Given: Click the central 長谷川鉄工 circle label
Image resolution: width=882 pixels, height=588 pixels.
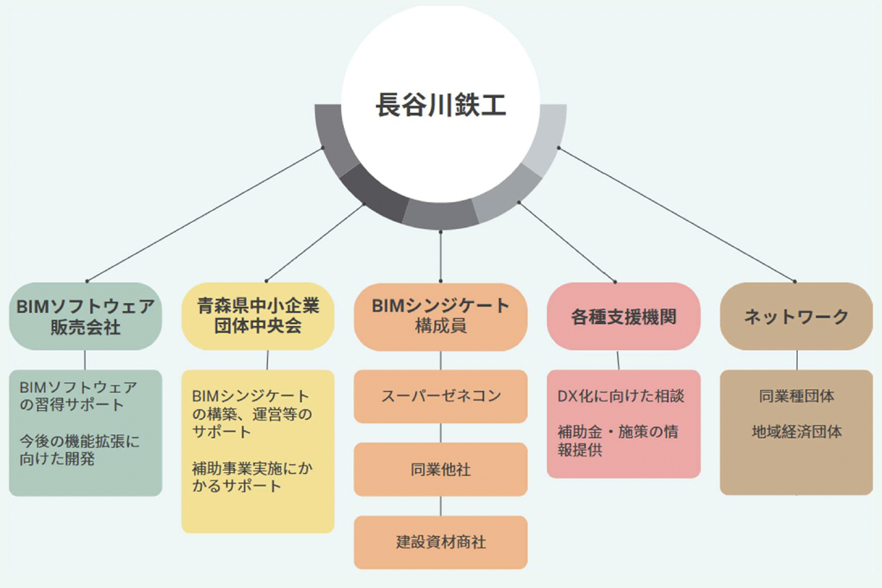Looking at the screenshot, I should (440, 105).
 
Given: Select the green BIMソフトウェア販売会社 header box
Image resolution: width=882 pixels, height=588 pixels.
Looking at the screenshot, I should (85, 316).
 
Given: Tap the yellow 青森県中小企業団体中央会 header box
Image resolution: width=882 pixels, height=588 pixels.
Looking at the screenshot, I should (258, 316).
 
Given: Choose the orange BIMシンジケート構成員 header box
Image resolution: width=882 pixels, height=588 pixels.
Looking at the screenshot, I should (440, 316).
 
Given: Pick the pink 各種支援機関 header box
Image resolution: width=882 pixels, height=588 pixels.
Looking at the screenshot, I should (623, 316).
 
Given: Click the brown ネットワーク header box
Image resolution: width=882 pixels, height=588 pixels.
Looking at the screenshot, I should (796, 316).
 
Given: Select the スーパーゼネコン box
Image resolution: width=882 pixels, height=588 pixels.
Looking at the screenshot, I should (440, 396).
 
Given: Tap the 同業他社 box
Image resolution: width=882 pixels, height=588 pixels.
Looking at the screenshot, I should (440, 469).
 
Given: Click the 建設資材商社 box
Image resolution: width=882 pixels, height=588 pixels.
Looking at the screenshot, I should (440, 542).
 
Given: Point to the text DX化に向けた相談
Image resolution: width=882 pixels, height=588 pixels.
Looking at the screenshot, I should (620, 396).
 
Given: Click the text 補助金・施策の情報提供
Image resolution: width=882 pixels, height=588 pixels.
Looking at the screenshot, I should (617, 440).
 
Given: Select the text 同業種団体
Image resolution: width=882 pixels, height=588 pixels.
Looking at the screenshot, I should (796, 396).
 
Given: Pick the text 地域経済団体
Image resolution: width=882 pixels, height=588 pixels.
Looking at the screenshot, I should (796, 432).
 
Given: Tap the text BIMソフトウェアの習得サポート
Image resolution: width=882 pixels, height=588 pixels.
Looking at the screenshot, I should (78, 396).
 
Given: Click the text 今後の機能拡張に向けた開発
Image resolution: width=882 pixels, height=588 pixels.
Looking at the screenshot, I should (79, 450).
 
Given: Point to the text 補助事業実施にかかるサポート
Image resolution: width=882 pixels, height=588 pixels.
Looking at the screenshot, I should (252, 477).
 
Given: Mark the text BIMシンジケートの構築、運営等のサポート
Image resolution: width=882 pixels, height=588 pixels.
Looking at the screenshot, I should (252, 414).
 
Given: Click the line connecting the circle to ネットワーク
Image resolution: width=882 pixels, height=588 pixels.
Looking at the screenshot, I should (676, 215).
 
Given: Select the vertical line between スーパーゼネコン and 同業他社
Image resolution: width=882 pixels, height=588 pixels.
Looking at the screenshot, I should (440, 433).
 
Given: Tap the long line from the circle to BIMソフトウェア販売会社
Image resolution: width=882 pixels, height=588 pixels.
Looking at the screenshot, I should (205, 215).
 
